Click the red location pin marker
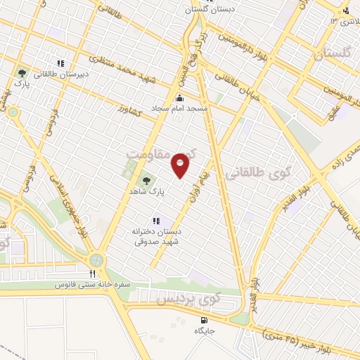click(x=181, y=165)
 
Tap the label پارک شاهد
click(x=146, y=191)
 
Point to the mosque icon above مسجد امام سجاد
click(x=181, y=98)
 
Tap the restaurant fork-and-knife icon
click(x=92, y=274)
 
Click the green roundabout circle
click(x=96, y=260)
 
